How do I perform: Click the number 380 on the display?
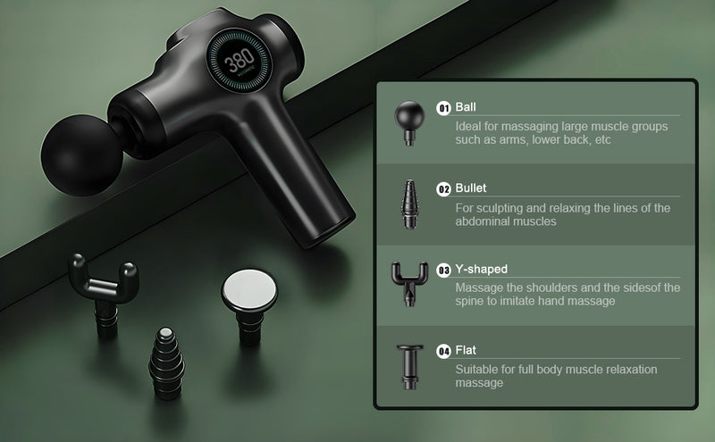click(240, 59)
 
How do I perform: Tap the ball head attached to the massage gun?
click(81, 155)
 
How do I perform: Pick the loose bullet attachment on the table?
click(167, 363)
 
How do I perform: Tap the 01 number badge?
click(443, 108)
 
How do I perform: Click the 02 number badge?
click(443, 189)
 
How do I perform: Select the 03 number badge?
click(443, 271)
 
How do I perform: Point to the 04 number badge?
click(443, 351)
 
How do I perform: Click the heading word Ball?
click(466, 107)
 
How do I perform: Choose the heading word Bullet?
click(471, 188)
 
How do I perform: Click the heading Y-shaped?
click(481, 270)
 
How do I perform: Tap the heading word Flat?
click(466, 350)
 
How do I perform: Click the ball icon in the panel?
click(409, 123)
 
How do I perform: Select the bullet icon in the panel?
click(409, 204)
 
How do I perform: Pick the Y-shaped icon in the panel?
click(409, 283)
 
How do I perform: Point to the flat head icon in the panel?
click(410, 367)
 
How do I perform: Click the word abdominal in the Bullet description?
click(483, 221)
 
